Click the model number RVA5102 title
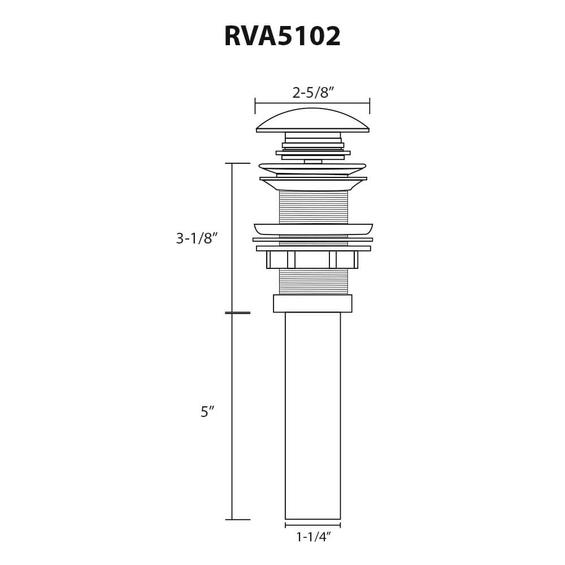pos(282,37)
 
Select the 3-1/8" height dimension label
pos(197,238)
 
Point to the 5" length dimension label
pos(207,412)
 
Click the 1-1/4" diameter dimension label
pos(313,537)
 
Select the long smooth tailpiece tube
pos(312,415)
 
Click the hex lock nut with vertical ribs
pos(312,260)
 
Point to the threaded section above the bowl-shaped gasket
pos(313,207)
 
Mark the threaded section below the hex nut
pos(313,281)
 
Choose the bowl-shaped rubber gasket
pos(313,229)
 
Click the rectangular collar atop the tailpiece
pos(312,303)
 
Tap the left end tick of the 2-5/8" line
pos(255,106)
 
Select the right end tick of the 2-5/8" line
pos(370,106)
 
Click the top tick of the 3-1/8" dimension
pos(237,163)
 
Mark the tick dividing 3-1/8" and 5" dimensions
pos(237,312)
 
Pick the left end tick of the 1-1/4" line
pos(285,525)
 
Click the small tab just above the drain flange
pos(313,162)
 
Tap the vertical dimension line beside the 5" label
pos(232,415)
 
